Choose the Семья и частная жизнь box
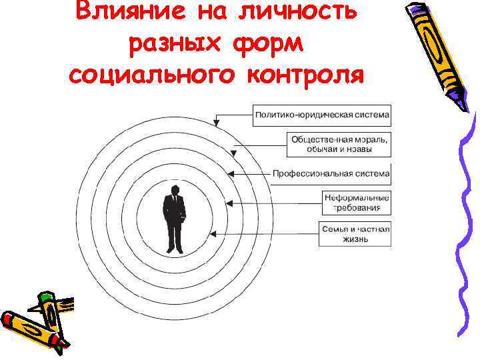355,234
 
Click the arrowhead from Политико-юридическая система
216,123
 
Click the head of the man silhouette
175,191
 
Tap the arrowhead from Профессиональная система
231,173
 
